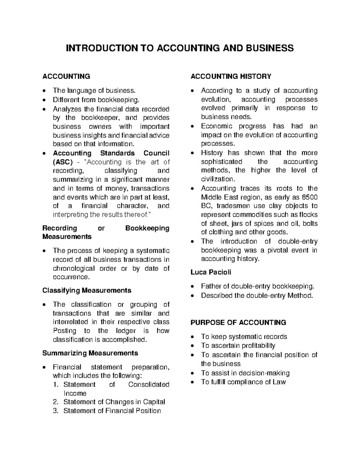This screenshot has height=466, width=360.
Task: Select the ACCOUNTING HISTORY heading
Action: pos(231,77)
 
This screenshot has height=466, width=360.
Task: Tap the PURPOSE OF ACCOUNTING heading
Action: pos(238,323)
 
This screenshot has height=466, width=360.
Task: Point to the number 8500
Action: pos(310,197)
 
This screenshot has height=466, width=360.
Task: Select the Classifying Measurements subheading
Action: pos(87,290)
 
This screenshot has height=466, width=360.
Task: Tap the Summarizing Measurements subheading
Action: pos(90,353)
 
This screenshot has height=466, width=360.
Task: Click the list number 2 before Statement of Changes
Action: pos(55,402)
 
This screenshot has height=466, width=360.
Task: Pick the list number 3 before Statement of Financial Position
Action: pos(55,411)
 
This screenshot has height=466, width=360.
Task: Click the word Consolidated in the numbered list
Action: pos(148,385)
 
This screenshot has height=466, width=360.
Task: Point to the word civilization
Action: pos(217,179)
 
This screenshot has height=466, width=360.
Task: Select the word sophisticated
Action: pos(221,162)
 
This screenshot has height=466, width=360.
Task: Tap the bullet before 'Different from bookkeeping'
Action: pos(45,100)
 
